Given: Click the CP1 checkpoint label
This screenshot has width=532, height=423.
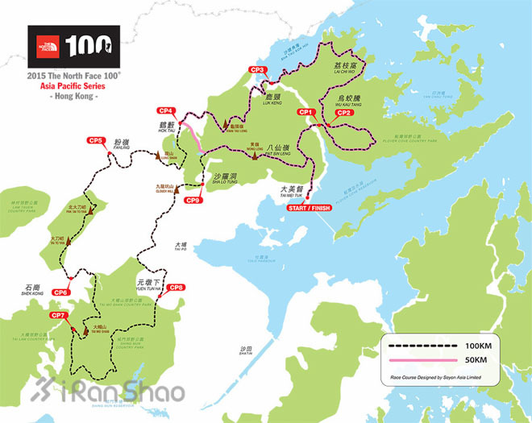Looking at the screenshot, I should (305, 112).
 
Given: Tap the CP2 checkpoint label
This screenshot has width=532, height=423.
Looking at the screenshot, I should (344, 113).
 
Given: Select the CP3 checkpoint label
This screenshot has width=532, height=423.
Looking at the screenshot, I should (258, 70).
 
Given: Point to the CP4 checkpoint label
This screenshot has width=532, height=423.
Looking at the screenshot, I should (167, 110).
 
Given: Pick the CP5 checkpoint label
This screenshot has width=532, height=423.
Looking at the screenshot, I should (96, 141).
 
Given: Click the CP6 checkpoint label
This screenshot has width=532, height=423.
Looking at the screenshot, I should (60, 292).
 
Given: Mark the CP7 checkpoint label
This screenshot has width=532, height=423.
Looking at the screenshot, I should (58, 315).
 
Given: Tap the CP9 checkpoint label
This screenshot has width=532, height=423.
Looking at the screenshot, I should (193, 200).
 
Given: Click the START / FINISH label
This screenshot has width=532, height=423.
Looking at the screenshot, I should (309, 209).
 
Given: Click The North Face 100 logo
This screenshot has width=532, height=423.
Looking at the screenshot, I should (73, 47).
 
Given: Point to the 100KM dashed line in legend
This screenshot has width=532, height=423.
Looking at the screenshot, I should (424, 345).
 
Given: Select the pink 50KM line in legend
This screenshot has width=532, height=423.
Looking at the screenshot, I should (424, 359).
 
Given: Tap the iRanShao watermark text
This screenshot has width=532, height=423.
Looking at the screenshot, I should (121, 392).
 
